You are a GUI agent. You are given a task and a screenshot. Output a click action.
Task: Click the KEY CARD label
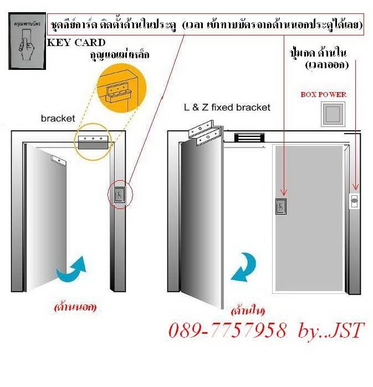tap(76, 42)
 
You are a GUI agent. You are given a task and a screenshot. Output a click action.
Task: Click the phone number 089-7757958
tap(227, 330)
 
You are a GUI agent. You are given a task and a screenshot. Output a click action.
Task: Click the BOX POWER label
tap(323, 95)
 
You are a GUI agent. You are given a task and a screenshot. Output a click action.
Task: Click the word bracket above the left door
tap(58, 119)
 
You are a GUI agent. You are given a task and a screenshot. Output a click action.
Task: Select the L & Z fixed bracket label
tap(227, 107)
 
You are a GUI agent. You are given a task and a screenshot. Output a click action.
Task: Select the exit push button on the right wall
tap(354, 201)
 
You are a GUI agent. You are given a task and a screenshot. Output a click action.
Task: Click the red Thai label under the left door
tap(76, 306)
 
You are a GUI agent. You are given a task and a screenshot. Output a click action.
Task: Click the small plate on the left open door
tap(58, 161)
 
